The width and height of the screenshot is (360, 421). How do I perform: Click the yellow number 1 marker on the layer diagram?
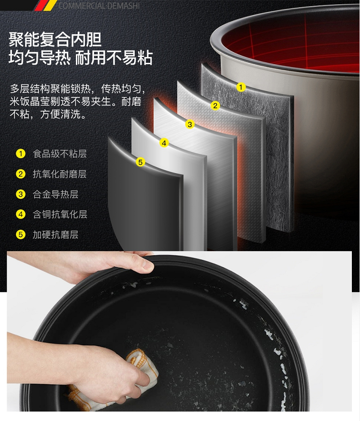pos(241,87)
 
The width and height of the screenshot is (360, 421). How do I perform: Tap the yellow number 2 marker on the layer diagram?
pos(215,105)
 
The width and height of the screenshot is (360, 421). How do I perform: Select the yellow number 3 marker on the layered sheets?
pos(190,124)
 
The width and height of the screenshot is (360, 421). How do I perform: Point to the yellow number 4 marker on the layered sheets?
pos(164,143)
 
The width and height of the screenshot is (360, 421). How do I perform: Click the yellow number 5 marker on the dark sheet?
pos(140,162)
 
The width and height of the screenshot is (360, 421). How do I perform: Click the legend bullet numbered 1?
pos(21,154)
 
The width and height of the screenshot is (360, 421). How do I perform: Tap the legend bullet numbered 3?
pos(21,194)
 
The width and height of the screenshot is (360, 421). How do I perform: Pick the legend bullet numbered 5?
pos(21,234)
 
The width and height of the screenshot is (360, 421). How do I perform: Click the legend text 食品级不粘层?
pos(60,154)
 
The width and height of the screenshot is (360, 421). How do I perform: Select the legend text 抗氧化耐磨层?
pos(60,174)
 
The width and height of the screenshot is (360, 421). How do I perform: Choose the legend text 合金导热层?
pos(56,194)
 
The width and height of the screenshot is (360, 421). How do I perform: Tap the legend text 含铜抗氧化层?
pos(60,214)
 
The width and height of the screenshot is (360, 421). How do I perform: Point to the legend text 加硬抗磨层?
pos(56,234)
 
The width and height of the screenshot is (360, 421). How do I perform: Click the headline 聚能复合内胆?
pos(55,39)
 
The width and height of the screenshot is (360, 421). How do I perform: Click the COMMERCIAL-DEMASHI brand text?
pos(99,5)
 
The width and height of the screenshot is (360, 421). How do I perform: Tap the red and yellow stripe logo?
pos(46,5)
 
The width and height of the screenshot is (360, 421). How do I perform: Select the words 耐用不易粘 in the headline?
pos(114,58)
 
